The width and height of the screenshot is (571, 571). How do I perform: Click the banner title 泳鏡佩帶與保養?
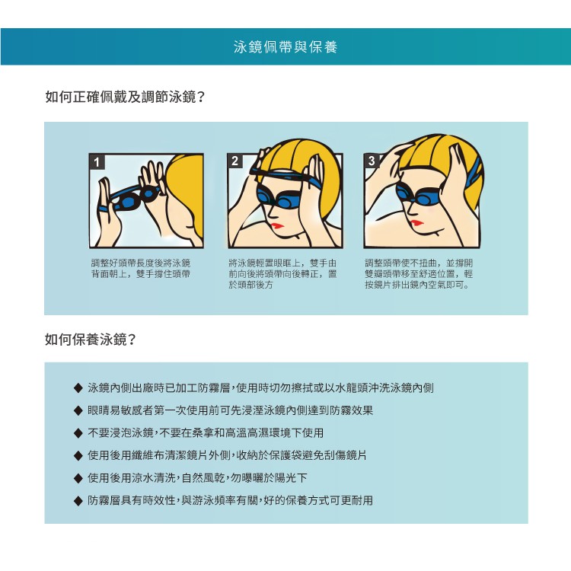285,47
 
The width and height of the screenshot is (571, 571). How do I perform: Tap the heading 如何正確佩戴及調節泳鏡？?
126,97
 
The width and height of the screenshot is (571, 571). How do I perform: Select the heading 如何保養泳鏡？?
91,340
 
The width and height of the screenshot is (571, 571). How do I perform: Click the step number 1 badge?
97,162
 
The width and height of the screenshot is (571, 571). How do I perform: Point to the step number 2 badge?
235,161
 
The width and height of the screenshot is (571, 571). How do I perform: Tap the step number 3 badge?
372,161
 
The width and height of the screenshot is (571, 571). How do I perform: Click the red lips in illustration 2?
277,226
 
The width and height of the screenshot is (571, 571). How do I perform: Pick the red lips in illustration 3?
416,223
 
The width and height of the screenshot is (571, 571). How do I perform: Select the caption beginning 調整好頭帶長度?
141,269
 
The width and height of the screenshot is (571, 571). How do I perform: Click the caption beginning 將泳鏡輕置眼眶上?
282,274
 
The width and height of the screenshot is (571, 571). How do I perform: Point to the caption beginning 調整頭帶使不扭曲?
419,274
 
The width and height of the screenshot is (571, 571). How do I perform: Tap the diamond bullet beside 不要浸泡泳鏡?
78,433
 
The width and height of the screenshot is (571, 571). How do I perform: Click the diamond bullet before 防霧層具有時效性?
78,501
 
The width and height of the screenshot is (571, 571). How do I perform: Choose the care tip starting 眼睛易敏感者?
230,410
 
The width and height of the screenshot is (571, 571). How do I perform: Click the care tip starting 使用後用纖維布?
227,455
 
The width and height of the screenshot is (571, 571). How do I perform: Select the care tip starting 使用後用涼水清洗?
197,478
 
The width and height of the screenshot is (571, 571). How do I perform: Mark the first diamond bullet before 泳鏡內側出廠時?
78,388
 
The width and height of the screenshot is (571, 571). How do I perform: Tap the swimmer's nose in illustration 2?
270,214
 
